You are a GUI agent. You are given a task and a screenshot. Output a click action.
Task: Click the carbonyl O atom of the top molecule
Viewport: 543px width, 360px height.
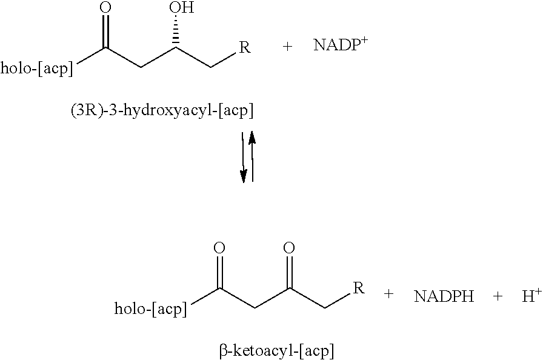tap(105, 8)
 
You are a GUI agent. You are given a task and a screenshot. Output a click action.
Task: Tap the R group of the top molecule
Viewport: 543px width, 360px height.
tap(245, 47)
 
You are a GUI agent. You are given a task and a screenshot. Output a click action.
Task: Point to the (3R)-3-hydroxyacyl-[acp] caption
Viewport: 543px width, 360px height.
tap(162, 111)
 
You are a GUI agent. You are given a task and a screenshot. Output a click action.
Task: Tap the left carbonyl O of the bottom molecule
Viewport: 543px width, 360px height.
tap(220, 248)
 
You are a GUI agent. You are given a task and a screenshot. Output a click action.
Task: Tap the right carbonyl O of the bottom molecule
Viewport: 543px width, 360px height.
tap(290, 248)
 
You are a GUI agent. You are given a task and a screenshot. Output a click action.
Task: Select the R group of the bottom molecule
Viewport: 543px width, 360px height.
tap(359, 288)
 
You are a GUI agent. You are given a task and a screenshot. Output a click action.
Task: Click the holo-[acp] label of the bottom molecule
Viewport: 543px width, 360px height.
tap(151, 309)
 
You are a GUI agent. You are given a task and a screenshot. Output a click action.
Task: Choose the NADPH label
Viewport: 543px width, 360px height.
tap(444, 296)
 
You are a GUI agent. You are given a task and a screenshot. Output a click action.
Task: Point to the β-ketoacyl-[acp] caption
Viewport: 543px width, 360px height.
tap(276, 350)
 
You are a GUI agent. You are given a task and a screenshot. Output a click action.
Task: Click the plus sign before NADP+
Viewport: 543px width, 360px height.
tap(287, 47)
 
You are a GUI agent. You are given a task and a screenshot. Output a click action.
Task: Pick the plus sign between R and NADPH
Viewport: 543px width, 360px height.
tap(388, 296)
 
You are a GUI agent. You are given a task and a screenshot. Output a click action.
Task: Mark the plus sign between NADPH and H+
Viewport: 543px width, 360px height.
tap(498, 296)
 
